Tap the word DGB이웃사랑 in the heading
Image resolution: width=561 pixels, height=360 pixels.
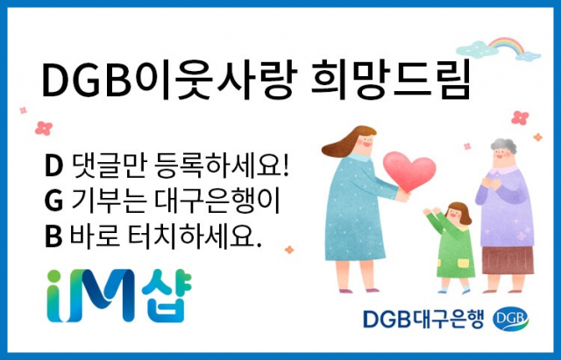coord(169,80)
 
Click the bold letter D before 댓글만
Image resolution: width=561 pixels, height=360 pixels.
coord(53,166)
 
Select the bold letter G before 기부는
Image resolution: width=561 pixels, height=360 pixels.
coord(54,201)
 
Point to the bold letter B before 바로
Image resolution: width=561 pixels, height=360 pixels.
coord(53,236)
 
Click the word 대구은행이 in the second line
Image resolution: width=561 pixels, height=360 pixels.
coord(217,201)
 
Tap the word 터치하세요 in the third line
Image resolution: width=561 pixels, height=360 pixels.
coord(195,236)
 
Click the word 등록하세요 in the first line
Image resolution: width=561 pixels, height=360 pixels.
coord(222,166)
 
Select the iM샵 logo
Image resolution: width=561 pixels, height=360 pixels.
coord(119,295)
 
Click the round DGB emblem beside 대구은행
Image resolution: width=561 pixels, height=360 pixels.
coord(510,319)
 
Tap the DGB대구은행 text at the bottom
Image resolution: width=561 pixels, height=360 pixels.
coord(423,319)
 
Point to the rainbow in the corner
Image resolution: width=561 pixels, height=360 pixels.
coord(508,45)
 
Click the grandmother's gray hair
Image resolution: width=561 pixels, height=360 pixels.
coord(504,145)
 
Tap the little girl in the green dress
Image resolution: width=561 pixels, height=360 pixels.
coord(452,247)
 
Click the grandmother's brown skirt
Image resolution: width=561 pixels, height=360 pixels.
coord(508,260)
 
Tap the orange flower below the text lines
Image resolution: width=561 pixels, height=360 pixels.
coord(289,250)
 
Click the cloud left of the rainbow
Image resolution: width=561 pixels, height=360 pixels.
coord(477,49)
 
